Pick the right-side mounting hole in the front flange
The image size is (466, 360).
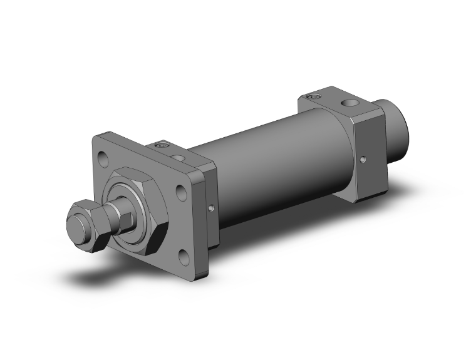point(182,192)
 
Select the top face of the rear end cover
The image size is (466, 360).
point(338,103)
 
